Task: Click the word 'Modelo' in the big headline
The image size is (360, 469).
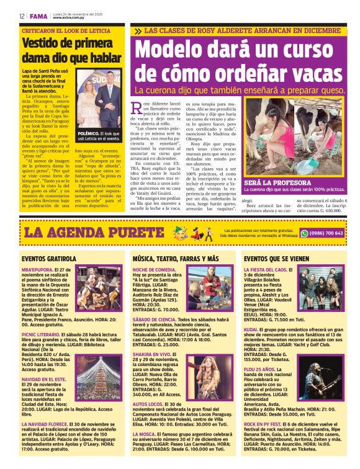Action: click(x=173, y=50)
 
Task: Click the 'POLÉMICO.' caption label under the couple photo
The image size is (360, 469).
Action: click(x=88, y=133)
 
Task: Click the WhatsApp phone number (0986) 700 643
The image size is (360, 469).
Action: click(x=326, y=233)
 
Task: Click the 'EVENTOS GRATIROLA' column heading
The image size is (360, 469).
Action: click(x=48, y=258)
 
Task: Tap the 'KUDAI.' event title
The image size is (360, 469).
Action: click(x=251, y=329)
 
